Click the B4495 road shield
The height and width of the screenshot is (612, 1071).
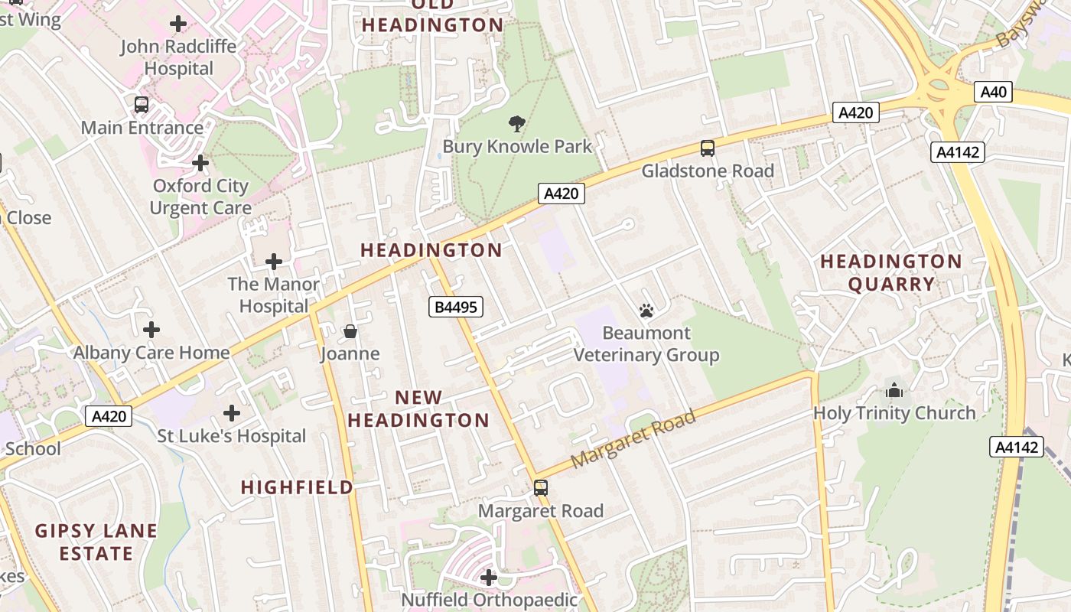coord(455,308)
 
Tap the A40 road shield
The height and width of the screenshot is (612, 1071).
coord(994,93)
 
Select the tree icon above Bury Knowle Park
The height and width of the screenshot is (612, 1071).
coord(517,123)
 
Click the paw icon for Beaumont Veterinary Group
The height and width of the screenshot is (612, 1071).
coord(646,311)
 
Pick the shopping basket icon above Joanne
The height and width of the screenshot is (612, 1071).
coord(350,331)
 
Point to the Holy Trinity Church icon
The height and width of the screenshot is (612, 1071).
coord(894,391)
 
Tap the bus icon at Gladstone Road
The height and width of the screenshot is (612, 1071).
coord(708,148)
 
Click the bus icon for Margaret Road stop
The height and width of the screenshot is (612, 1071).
coord(541,488)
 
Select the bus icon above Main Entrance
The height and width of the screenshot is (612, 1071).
coord(142,105)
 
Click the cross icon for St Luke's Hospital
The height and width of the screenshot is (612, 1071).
coord(232,414)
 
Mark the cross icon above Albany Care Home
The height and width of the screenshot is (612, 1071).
coord(151,330)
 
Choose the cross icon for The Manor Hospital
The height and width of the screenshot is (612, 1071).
coord(274,262)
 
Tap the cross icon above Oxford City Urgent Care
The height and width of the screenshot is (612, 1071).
coord(200,163)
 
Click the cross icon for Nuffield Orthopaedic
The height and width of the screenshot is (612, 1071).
coord(489,577)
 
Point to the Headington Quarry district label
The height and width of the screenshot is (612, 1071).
coord(890,272)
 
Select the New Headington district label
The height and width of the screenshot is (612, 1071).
coord(418,409)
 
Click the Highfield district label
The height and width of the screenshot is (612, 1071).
coord(298,487)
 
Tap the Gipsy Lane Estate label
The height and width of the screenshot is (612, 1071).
coord(96,542)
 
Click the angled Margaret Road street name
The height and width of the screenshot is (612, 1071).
coord(633,439)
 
